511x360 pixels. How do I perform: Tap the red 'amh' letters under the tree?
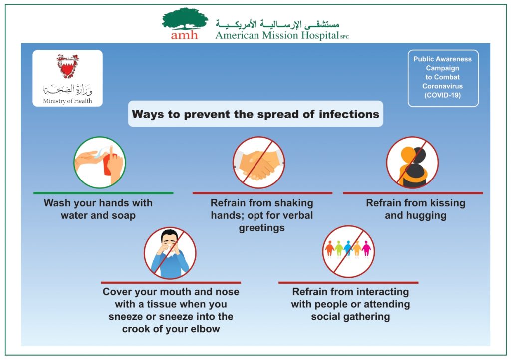184,35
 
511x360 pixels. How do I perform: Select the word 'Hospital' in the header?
320,35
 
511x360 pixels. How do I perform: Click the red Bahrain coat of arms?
67,66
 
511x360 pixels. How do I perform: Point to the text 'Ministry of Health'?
67,101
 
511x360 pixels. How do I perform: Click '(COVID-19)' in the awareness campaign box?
442,95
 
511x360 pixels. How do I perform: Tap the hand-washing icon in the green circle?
99,162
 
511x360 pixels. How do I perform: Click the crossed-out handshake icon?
259,162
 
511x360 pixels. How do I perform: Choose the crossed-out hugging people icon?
412,162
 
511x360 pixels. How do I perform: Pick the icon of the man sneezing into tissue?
170,253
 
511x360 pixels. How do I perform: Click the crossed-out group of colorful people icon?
348,252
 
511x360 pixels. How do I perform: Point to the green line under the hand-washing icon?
103,193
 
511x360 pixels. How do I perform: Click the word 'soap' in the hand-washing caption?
124,216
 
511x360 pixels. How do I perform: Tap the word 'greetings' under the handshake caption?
261,228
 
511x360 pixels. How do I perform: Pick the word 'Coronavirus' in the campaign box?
442,86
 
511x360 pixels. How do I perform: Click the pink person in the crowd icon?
366,248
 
